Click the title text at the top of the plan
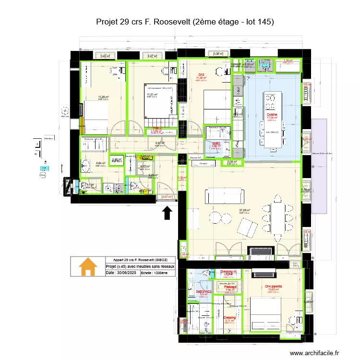pyautogui.click(x=185, y=22)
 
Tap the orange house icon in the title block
pyautogui.click(x=88, y=267)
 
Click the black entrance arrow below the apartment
pyautogui.click(x=167, y=212)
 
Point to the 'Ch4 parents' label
pyautogui.click(x=273, y=286)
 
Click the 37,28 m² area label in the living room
pyautogui.click(x=245, y=210)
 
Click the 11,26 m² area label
pyautogui.click(x=104, y=97)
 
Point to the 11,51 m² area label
pyautogui.click(x=152, y=95)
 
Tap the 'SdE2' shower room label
pyautogui.click(x=216, y=143)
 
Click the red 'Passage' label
pyautogui.click(x=230, y=287)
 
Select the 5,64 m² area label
pyautogui.click(x=100, y=163)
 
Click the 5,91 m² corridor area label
pyautogui.click(x=159, y=143)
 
